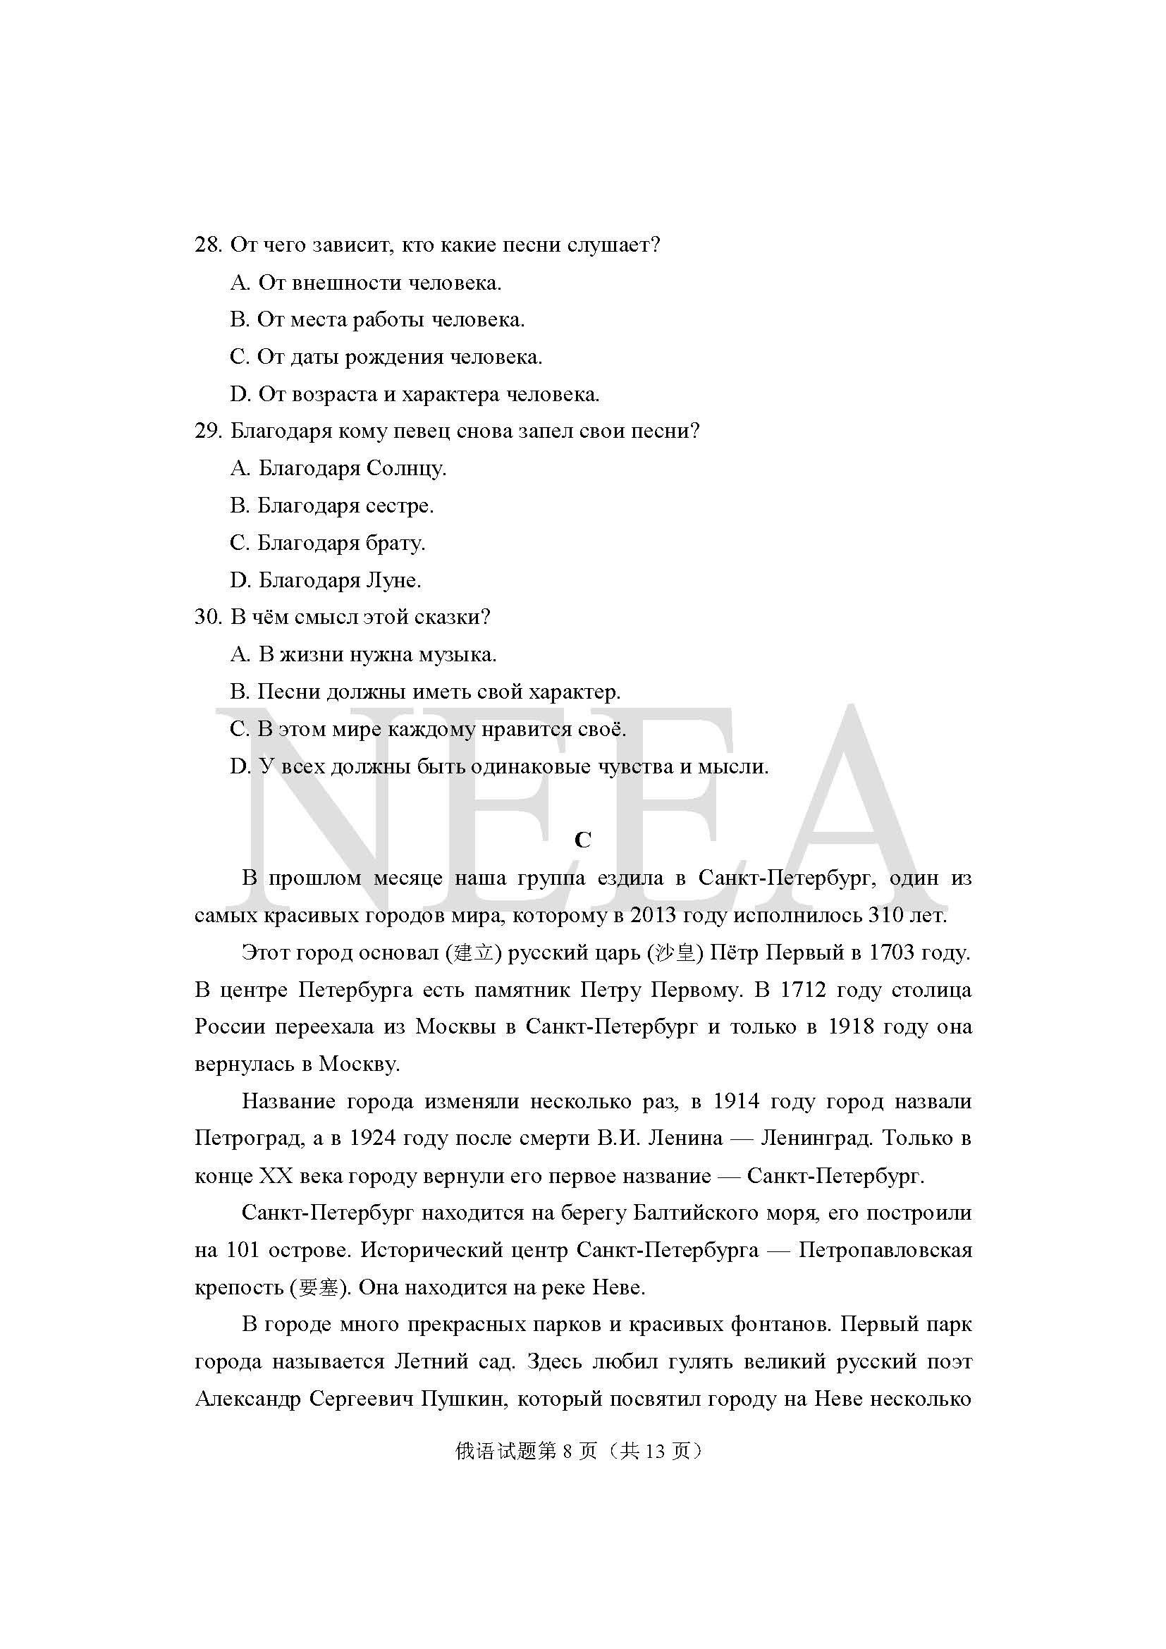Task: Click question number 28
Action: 207,245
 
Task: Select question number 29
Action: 207,431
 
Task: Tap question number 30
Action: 207,617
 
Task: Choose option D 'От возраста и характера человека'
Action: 415,394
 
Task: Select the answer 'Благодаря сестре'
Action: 332,505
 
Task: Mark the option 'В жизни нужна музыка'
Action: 363,654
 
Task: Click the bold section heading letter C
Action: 582,840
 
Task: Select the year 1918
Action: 851,1027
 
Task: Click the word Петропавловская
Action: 885,1251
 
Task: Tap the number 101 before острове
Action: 242,1251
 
